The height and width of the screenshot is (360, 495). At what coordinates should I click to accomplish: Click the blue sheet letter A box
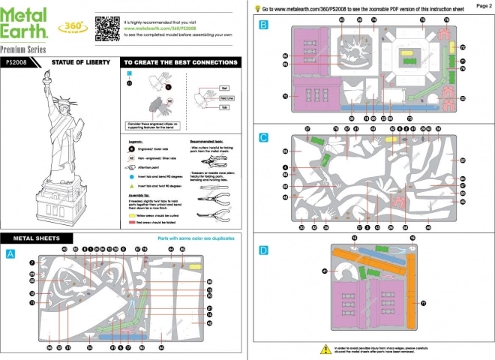pos(10,253)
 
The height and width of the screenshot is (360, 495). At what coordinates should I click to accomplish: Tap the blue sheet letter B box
pos(263,25)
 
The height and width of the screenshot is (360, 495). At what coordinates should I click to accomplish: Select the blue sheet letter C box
pos(263,137)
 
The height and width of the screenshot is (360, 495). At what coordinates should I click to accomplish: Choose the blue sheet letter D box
pos(263,250)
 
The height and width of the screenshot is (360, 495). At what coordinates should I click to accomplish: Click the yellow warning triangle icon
pos(323,349)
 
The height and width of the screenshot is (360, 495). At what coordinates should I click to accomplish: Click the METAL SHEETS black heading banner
pos(60,238)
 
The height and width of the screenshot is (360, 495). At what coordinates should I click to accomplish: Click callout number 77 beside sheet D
pos(423,302)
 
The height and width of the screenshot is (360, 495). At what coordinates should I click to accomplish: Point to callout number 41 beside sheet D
pos(325,271)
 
